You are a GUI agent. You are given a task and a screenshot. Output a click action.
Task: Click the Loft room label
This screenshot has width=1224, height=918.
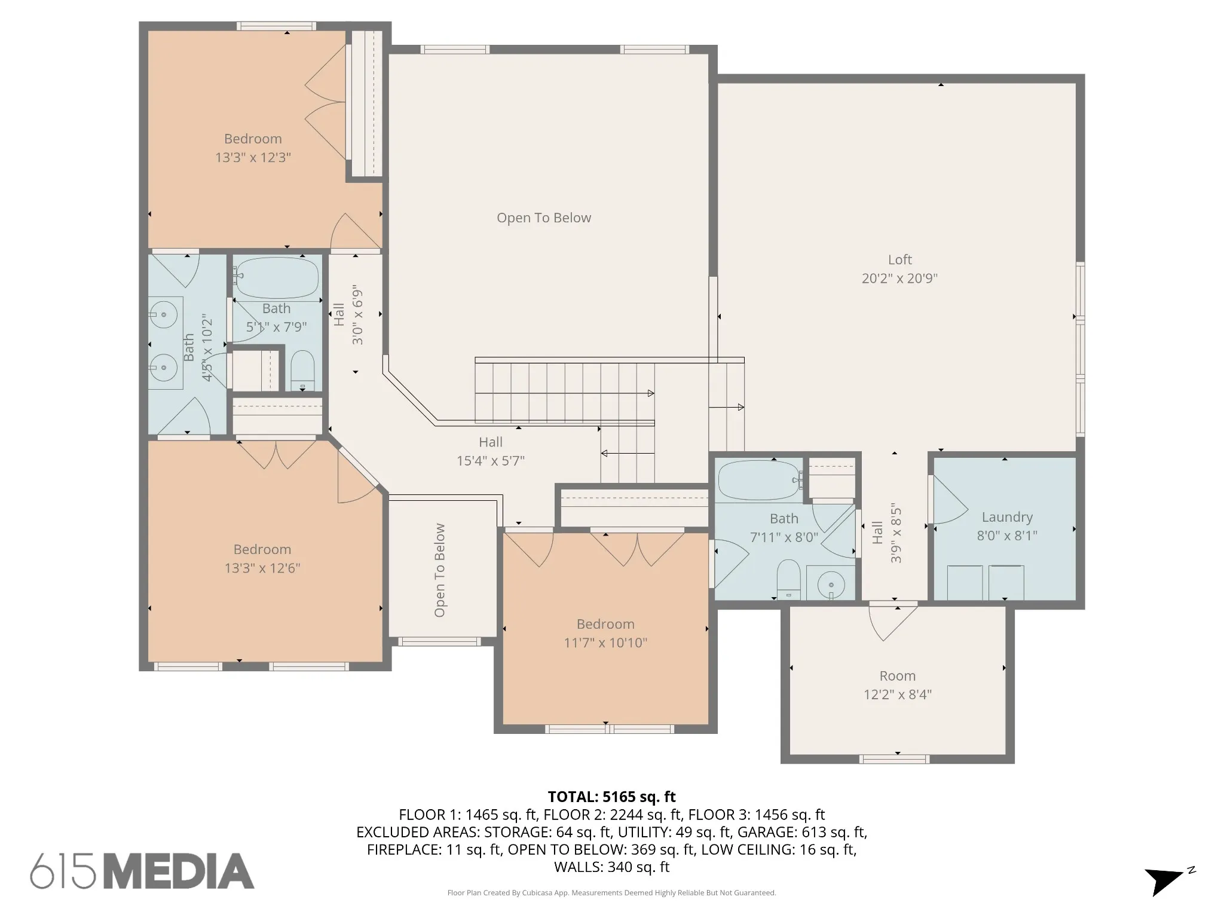coord(899,259)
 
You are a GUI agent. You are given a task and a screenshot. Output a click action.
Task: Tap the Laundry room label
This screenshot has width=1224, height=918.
coord(1007,518)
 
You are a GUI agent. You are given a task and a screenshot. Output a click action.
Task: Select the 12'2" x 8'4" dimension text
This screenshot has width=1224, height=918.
coord(898,694)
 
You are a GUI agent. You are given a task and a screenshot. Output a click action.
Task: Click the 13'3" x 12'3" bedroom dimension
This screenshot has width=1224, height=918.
coord(253,157)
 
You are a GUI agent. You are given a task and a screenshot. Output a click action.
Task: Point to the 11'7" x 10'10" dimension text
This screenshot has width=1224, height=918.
coord(605,642)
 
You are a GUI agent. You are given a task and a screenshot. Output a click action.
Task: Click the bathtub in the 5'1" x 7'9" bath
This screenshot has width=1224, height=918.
coord(276,278)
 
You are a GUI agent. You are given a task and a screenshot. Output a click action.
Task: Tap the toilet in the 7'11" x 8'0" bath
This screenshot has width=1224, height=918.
coord(788,579)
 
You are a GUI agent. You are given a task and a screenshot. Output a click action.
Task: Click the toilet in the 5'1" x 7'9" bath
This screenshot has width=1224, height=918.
coord(302,371)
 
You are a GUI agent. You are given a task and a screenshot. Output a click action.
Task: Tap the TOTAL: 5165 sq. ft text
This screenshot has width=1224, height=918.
coord(611,797)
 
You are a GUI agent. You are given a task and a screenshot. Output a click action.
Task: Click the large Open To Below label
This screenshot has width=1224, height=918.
coord(544,218)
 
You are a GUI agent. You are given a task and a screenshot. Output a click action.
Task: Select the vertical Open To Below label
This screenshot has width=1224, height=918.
coord(440,570)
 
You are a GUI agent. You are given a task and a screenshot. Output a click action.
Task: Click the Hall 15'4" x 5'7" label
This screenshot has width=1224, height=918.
coord(491,451)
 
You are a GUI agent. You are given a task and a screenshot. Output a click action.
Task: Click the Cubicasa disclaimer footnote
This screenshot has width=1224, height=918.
coord(611,893)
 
